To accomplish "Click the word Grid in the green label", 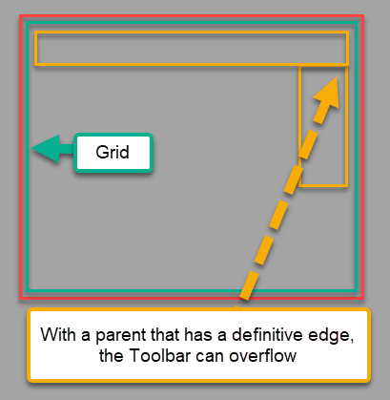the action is click(113, 152).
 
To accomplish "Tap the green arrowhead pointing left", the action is click(46, 149).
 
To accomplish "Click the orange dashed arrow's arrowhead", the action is click(327, 93).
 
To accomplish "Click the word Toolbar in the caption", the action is click(160, 355).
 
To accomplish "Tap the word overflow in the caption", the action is click(263, 355).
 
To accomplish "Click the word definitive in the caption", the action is click(268, 334).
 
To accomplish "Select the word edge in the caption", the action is click(329, 335).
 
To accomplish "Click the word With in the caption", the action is click(58, 334).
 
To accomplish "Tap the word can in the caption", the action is click(210, 357).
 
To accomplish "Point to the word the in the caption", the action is click(113, 355).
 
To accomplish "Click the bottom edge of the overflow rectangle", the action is click(323, 185).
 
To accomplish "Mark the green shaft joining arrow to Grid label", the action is click(67, 149).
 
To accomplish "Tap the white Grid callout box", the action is click(113, 153).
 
